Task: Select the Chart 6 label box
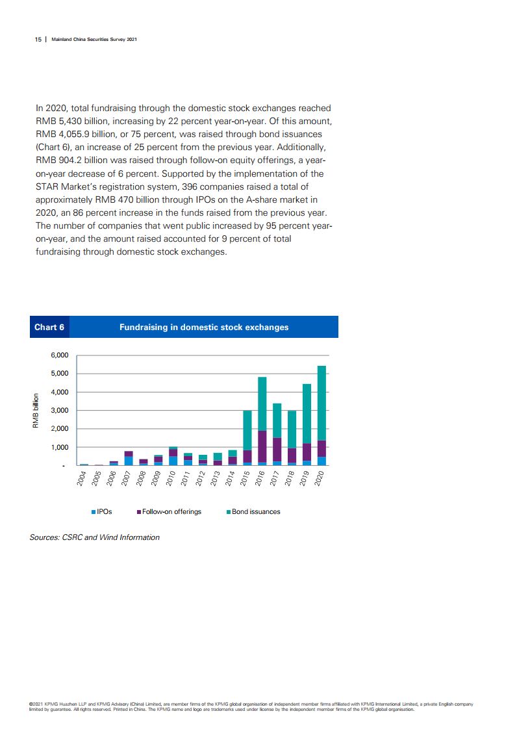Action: [49, 327]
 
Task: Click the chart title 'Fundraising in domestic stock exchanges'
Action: [204, 327]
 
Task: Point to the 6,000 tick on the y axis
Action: [59, 355]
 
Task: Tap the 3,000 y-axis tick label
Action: [59, 411]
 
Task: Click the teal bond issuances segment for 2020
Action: [322, 403]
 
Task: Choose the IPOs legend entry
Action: [102, 512]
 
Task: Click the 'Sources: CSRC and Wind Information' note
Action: [95, 537]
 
